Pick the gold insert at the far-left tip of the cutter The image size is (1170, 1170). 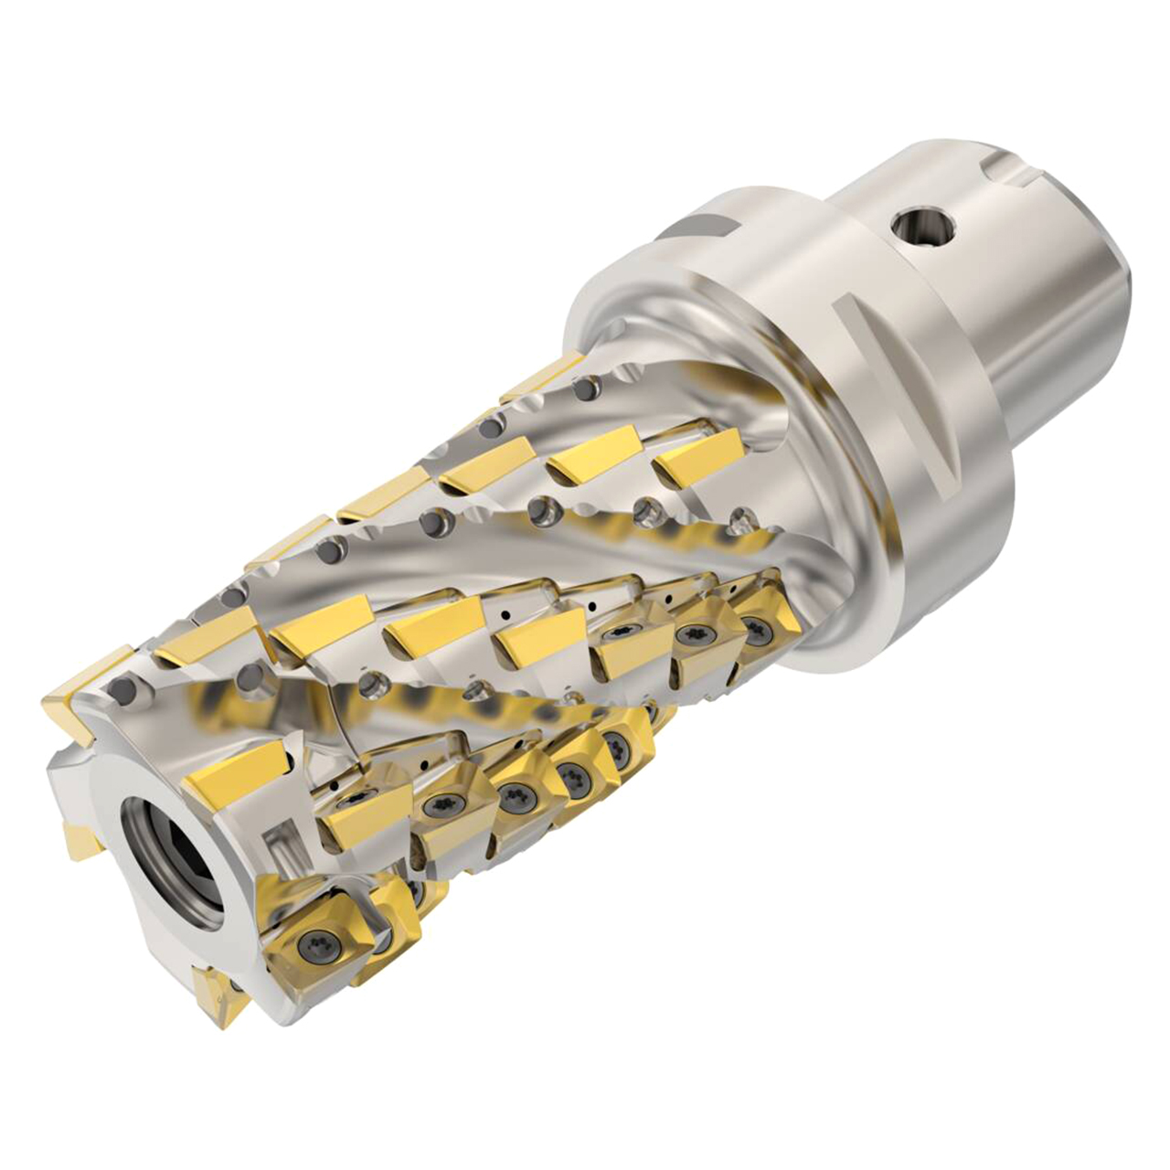coord(69,709)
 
